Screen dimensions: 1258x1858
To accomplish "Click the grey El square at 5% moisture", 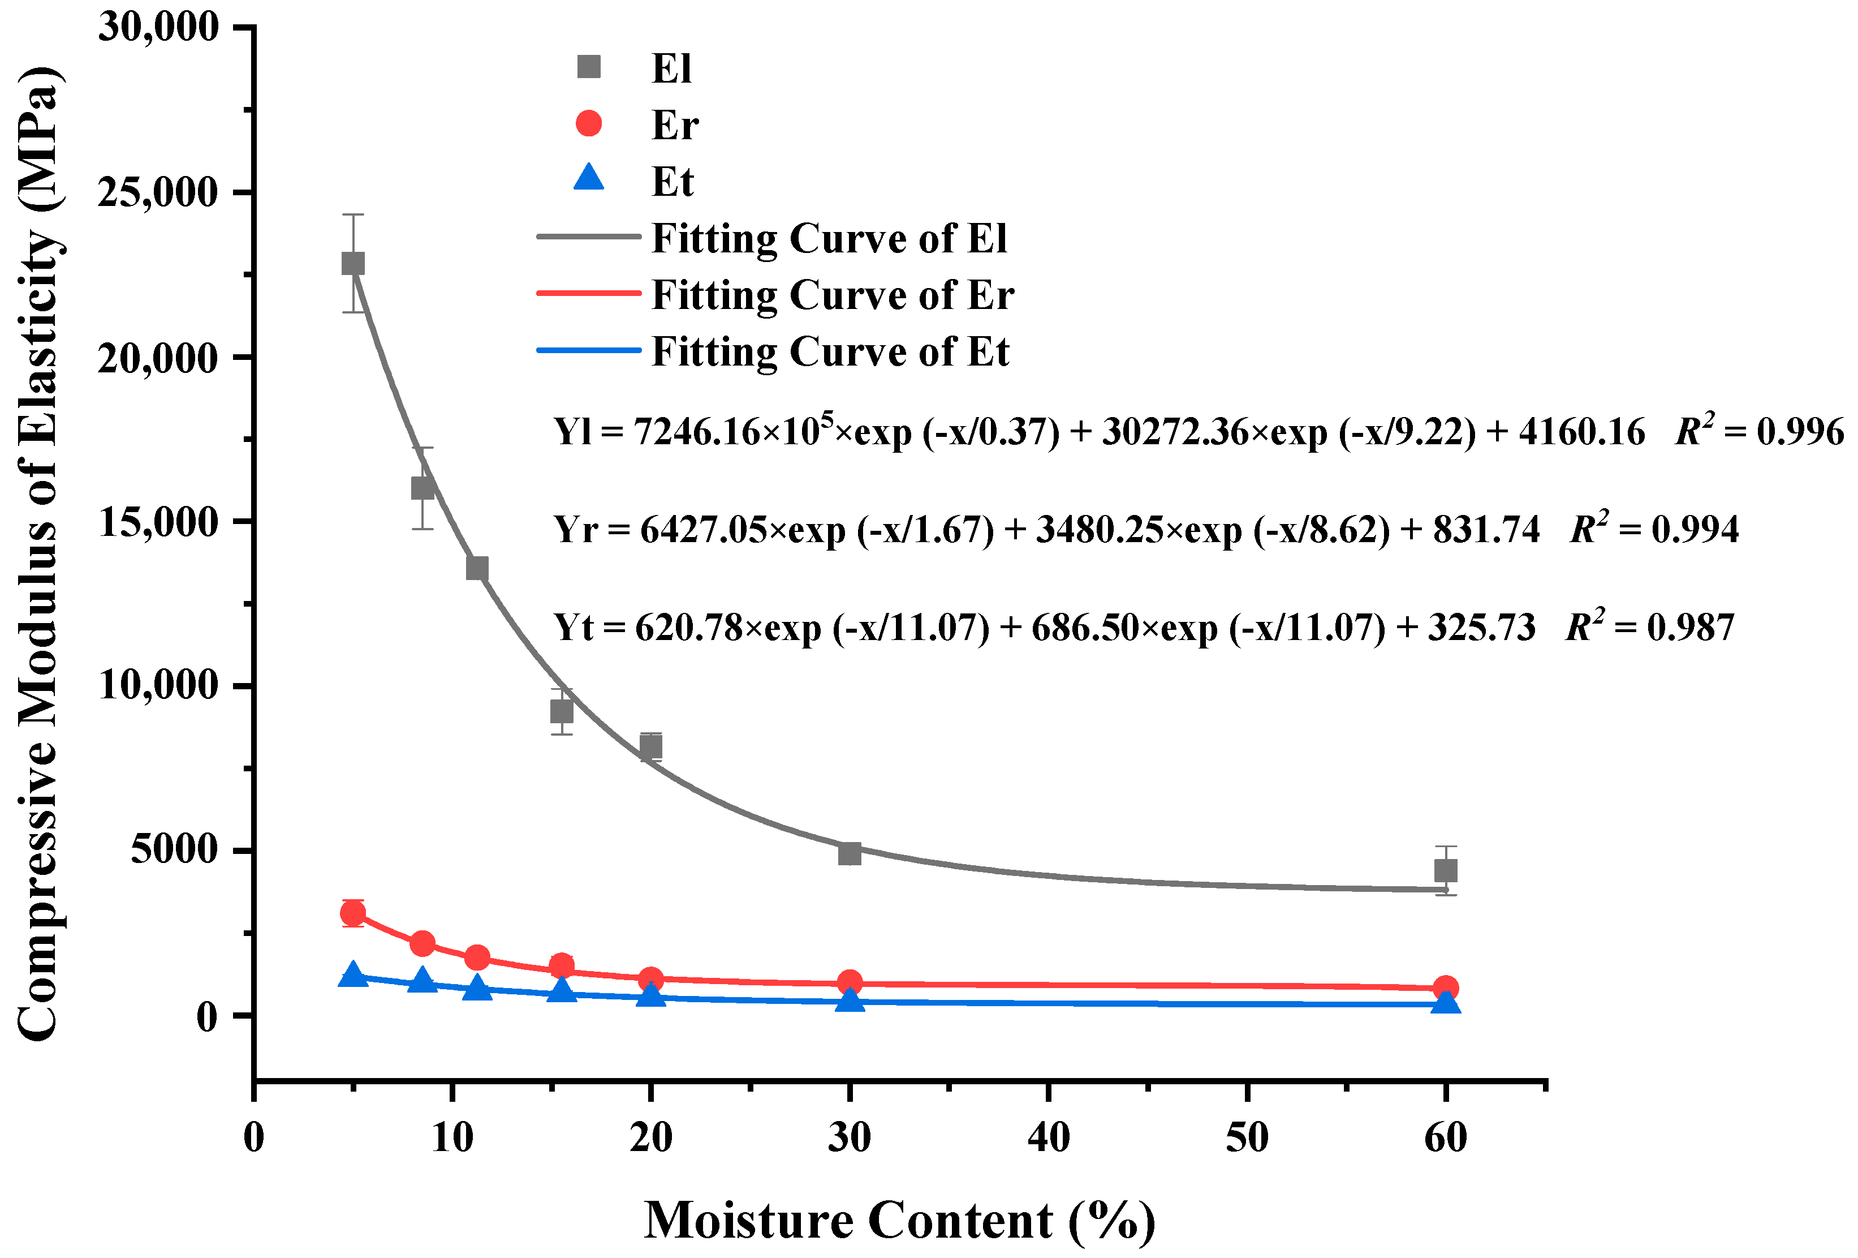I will (x=352, y=263).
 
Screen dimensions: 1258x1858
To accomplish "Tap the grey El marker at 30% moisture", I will (x=849, y=853).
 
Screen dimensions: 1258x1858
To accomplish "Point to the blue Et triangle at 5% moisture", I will (x=352, y=975).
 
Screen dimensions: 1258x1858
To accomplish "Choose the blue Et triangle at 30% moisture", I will (x=849, y=1000).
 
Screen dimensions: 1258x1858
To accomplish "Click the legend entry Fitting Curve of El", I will (x=829, y=238).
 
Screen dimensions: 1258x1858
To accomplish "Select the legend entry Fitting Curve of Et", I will (x=830, y=352).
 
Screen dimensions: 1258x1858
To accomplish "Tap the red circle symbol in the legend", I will (x=588, y=123).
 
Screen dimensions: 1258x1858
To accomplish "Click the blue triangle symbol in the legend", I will (x=588, y=178).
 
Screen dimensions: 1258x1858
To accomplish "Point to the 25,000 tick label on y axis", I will (x=157, y=193).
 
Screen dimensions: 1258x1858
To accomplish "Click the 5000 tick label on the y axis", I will (x=174, y=849).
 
